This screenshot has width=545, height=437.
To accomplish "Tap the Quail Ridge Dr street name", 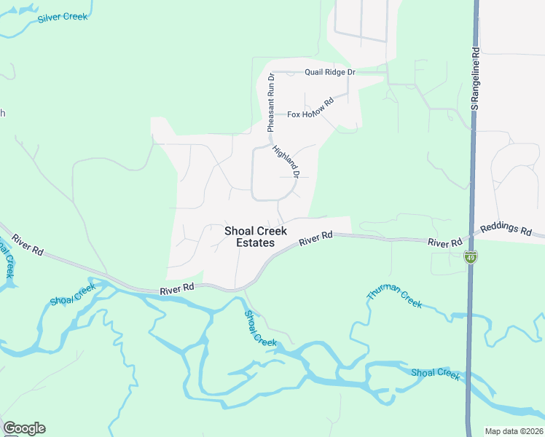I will tap(330, 72).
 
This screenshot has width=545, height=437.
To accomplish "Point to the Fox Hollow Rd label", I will tap(310, 108).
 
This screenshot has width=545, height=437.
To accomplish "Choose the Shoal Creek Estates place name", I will tap(250, 237).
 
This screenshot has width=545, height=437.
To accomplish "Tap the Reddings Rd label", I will tap(506, 229).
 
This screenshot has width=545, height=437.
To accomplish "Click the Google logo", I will tap(24, 428).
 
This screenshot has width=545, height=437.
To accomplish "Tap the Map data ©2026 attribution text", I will tap(514, 431).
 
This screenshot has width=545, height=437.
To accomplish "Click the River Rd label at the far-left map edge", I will tap(27, 244).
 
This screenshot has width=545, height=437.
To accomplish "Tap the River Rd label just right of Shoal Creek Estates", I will tap(315, 237).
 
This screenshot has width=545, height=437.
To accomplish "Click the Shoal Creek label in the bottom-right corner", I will tap(435, 374).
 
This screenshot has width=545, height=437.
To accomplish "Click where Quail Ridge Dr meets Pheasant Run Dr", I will tap(270, 72).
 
